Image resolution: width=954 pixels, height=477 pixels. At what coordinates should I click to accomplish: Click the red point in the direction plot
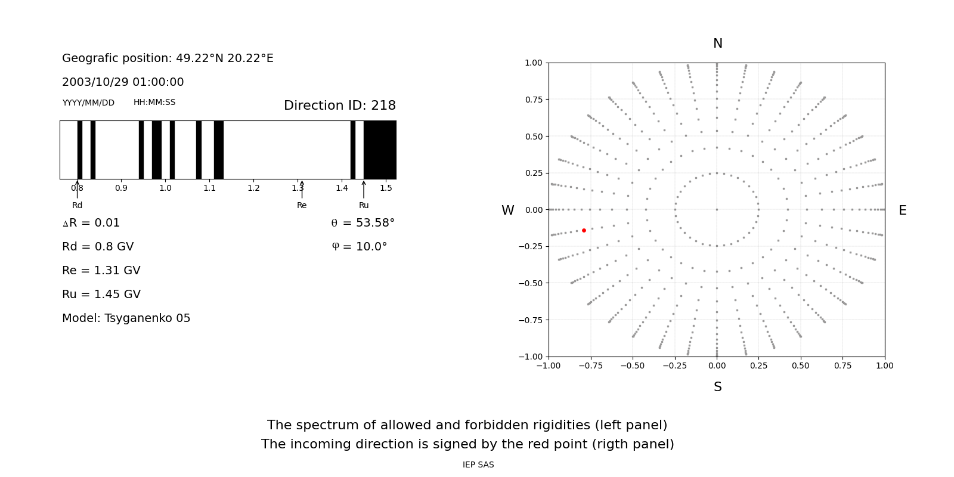584,230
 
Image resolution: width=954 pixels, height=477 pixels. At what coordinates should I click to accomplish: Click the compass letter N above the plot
717,44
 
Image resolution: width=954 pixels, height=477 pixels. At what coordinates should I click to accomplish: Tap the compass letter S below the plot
717,387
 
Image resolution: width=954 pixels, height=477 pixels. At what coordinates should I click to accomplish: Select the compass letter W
507,210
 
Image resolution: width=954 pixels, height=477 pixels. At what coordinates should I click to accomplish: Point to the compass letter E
902,210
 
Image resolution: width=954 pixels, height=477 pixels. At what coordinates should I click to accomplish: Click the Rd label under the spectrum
77,206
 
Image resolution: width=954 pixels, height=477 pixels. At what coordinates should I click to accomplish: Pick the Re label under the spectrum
302,206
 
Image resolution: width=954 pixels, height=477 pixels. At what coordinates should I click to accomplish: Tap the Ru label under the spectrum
364,206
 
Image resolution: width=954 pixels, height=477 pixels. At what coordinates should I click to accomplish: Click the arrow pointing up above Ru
364,189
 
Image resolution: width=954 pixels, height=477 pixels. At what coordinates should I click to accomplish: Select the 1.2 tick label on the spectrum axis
253,188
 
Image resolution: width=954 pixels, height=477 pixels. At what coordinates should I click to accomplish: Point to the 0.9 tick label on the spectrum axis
121,188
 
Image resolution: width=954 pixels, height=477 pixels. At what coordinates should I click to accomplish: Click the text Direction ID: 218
339,106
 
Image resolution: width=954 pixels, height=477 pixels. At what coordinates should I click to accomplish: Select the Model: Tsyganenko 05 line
126,318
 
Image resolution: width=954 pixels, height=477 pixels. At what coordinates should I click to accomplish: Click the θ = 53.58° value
363,223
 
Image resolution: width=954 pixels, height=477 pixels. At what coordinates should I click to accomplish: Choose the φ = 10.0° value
359,247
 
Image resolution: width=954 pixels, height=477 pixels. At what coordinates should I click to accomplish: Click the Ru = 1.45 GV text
101,295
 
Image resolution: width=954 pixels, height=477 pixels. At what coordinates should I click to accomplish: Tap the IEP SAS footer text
478,465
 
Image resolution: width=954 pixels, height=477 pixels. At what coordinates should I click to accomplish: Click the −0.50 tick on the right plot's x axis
632,366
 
